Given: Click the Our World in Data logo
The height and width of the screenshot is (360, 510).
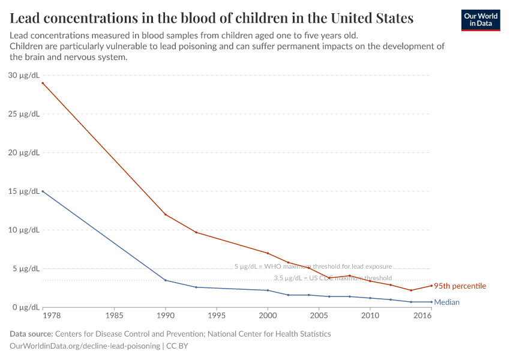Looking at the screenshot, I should (480, 20).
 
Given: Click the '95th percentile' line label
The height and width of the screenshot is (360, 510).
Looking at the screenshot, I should (460, 286).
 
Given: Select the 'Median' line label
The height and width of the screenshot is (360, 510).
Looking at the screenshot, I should (446, 302).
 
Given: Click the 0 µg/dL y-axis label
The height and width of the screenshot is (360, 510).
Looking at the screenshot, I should (26, 307).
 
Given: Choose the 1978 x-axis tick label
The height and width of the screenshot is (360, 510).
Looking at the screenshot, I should (43, 315).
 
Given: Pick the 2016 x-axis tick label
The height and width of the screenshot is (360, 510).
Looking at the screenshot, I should (423, 315).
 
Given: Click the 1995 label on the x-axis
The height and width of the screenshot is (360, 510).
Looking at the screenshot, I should (217, 315).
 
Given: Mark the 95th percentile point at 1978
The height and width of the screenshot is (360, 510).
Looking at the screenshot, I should (43, 83).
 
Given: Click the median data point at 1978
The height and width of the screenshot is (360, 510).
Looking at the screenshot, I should (43, 191).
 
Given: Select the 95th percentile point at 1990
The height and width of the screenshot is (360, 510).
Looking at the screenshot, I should (166, 215).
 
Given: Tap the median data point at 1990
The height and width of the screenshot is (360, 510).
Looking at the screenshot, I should (166, 280).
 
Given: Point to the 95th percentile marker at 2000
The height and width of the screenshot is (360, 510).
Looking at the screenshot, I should (268, 253).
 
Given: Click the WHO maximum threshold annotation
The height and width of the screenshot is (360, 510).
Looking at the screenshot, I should (313, 266).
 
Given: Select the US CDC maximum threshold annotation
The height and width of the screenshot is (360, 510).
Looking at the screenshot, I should (332, 278).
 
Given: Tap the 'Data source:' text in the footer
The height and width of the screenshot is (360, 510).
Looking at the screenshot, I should (31, 334).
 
